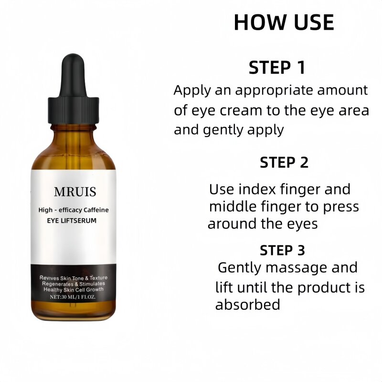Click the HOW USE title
point(284,22)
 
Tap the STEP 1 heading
point(276,68)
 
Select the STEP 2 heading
point(284,162)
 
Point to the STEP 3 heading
point(283,250)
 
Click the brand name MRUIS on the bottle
point(75,192)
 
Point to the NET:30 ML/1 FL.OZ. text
point(74,297)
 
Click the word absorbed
point(247,305)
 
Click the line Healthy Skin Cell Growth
point(74,290)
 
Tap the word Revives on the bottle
point(50,278)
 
